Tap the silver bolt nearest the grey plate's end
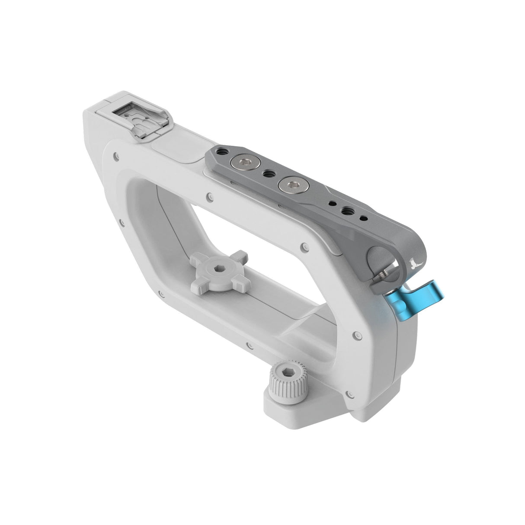pos(239,163)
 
